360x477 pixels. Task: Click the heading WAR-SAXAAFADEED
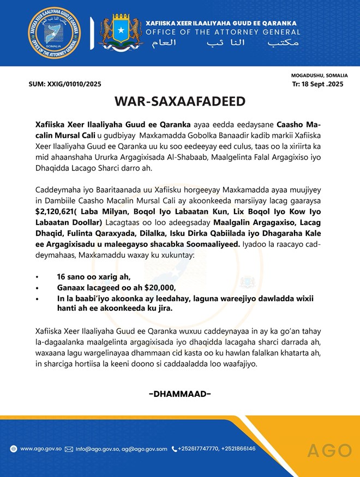(179, 102)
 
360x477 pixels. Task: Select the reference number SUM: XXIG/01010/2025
(64, 84)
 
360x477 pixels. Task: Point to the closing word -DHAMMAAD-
(179, 394)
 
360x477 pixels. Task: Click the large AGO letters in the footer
(329, 450)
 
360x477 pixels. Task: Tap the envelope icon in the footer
(69, 449)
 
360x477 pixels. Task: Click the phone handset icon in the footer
(174, 449)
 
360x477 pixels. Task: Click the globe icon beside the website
(13, 449)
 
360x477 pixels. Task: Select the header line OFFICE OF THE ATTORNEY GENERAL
(221, 32)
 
